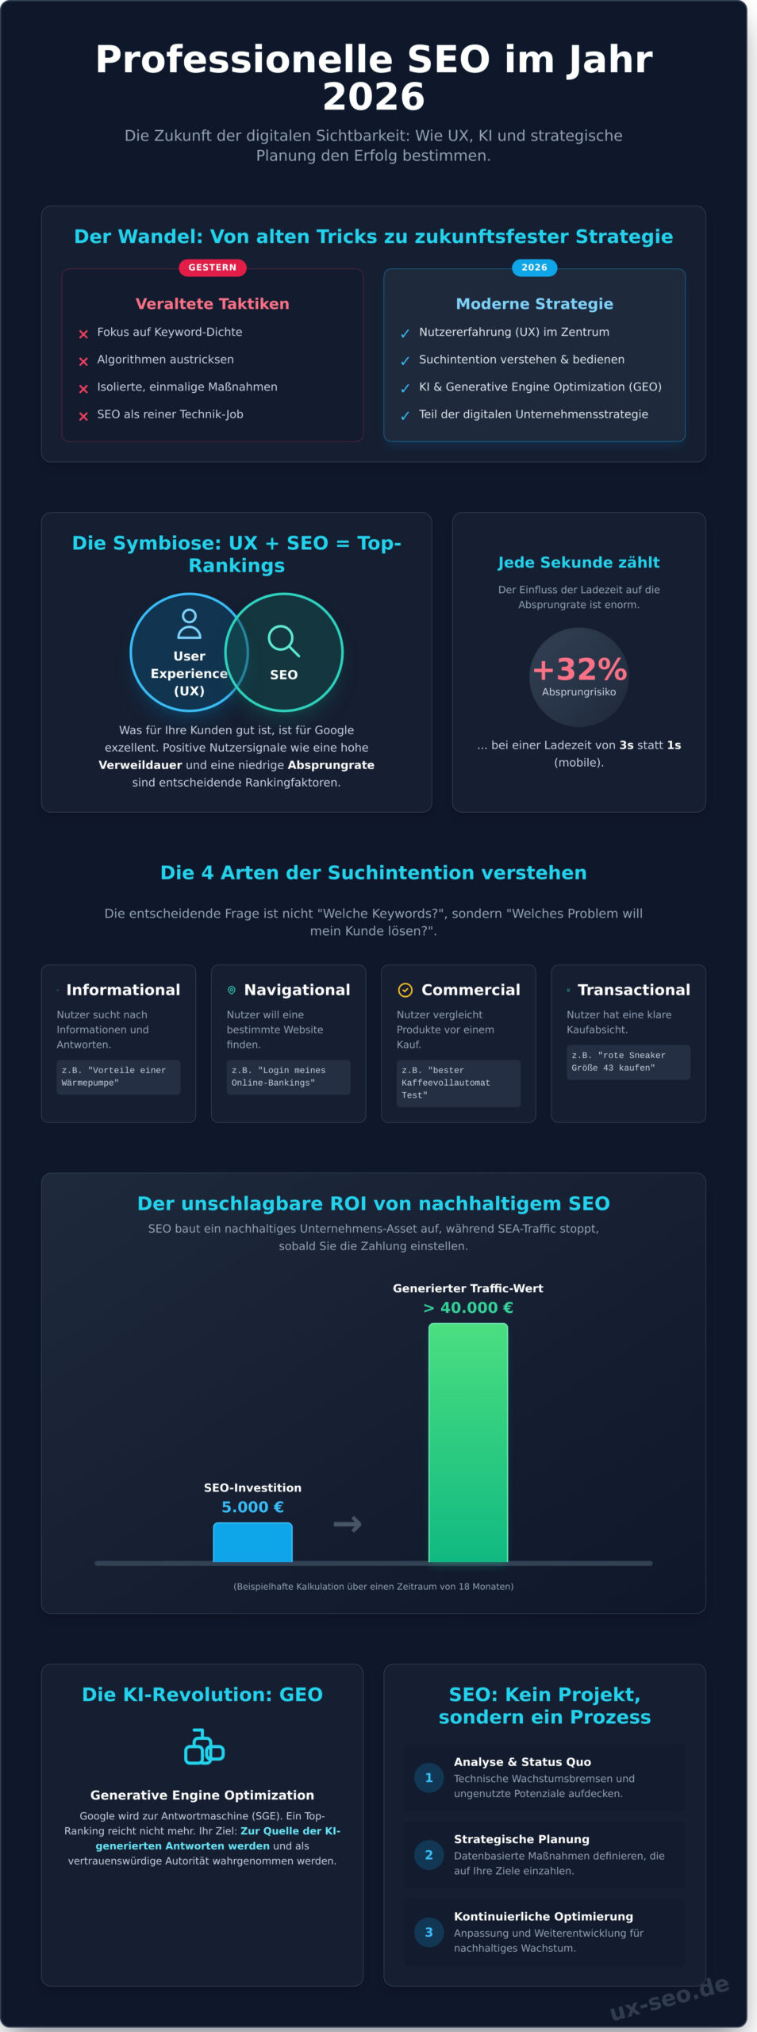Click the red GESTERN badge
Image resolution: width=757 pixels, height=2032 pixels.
pos(212,267)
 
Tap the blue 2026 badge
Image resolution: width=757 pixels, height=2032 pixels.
pos(534,267)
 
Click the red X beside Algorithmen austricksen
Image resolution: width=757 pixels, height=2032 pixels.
pos(83,361)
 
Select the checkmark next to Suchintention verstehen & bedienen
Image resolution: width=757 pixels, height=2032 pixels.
pos(405,361)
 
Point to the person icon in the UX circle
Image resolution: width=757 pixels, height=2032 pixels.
pos(189,624)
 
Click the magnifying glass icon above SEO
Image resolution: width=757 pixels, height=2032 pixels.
pos(283,641)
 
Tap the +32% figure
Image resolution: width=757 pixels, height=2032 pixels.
pos(579,669)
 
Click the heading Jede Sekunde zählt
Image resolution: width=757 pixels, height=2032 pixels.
pos(578,562)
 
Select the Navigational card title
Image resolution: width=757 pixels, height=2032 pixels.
pos(297,990)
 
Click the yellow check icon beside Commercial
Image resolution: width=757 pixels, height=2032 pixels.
pos(405,990)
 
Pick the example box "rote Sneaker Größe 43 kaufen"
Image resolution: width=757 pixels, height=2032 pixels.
pos(628,1062)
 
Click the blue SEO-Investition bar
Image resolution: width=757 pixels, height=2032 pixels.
pos(252,1542)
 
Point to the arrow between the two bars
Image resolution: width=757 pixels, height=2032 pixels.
pos(348,1524)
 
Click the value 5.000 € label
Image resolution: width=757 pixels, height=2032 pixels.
pos(252,1507)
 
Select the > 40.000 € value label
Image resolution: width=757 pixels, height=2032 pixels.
pos(468,1307)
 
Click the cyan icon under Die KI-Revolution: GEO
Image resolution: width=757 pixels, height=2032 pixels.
pos(203,1746)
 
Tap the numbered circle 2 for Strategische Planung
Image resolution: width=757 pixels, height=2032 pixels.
pos(428,1855)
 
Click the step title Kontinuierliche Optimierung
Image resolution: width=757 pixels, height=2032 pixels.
pos(543,1916)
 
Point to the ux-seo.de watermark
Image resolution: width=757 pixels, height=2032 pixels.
pos(669,1998)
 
